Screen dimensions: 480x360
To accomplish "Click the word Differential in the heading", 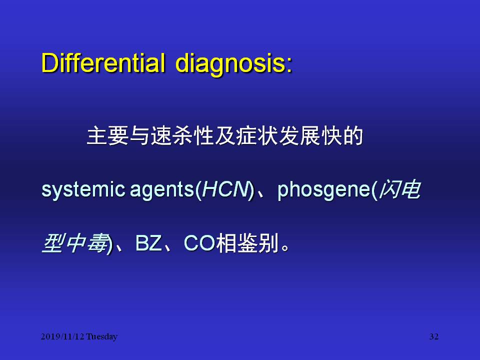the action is tap(103, 63).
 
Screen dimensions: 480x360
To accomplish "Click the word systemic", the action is tap(83, 190).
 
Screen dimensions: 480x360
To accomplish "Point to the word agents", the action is tap(162, 190).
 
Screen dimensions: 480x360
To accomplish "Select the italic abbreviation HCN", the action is tap(225, 189).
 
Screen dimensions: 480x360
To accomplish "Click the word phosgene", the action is tap(324, 190).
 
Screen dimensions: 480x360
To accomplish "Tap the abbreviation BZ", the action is tap(148, 243).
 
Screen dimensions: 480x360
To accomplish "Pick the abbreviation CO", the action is tap(199, 243).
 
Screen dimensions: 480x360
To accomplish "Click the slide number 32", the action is tap(434, 336).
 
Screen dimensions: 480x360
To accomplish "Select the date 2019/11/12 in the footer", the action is tap(62, 336).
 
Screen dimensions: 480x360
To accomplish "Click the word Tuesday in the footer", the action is tap(101, 336).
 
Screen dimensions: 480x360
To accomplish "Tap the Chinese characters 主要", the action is tap(108, 135).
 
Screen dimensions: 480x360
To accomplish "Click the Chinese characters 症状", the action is tap(257, 135).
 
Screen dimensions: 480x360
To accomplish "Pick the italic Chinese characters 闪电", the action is tap(400, 189).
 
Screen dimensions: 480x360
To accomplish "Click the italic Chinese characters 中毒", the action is tap(86, 243).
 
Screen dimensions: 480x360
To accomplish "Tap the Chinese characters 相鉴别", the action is tap(247, 243).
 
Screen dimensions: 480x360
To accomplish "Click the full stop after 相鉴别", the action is tap(284, 247).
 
